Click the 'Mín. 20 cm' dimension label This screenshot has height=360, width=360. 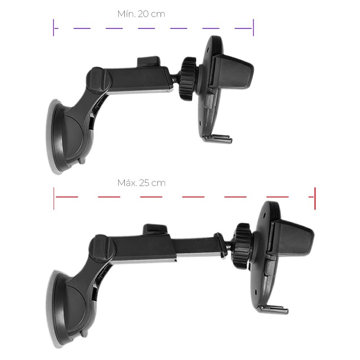coord(141,14)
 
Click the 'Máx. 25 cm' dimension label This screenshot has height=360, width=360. coord(141,183)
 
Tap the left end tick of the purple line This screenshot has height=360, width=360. coord(54,27)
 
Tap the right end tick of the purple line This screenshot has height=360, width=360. coord(253,27)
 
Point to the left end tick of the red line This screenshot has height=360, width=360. coord(54,198)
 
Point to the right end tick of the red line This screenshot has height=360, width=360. coord(315,198)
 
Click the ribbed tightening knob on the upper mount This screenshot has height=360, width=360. coord(188,79)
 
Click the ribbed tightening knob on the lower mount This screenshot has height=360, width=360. coord(243,246)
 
